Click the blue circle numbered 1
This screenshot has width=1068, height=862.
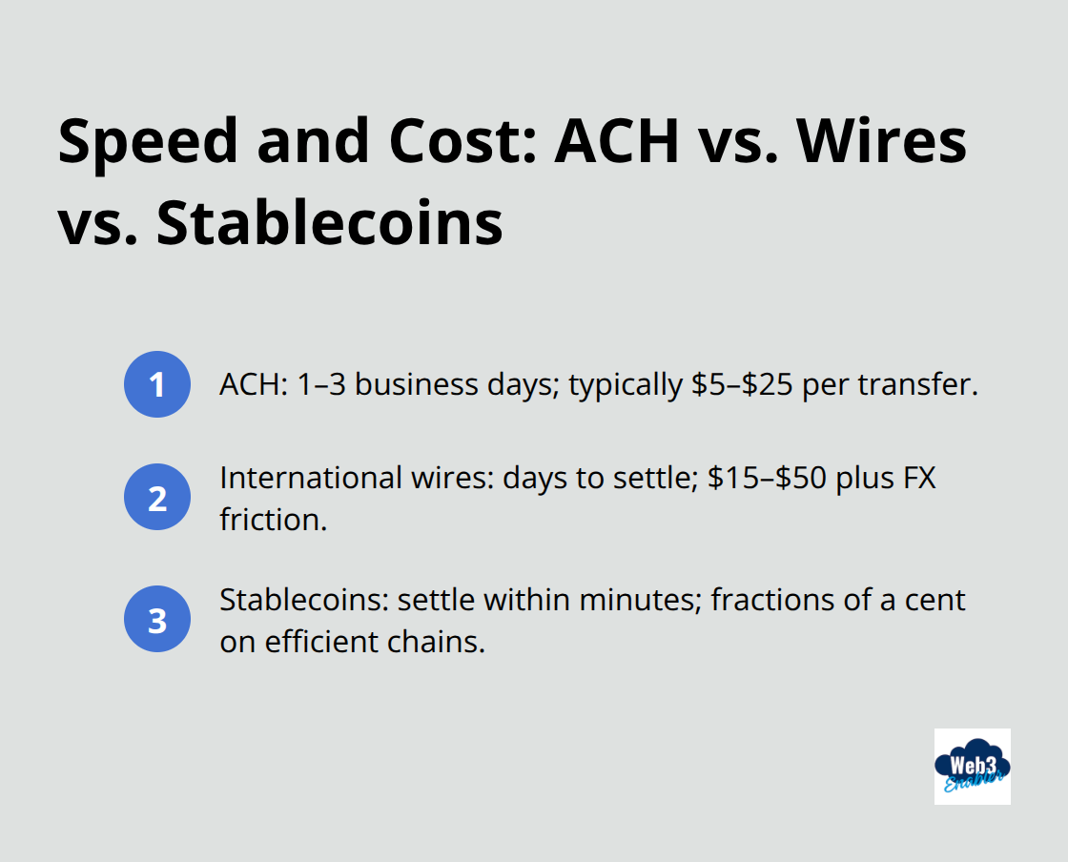(157, 384)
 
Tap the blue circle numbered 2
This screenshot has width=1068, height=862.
(157, 497)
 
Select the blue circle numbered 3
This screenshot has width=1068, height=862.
(157, 620)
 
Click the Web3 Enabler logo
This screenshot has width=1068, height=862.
(972, 766)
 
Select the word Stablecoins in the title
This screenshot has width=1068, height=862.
(329, 224)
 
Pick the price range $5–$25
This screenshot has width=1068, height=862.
(756, 384)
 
